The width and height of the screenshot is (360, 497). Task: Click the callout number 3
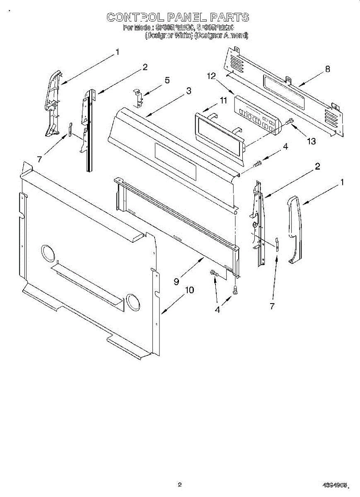click(x=188, y=91)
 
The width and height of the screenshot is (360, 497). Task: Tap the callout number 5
click(x=167, y=80)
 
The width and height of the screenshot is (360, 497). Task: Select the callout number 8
click(x=328, y=69)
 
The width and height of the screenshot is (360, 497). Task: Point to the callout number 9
click(x=176, y=281)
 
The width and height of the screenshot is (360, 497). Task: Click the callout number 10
click(x=188, y=290)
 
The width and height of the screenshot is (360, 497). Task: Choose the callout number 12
click(x=212, y=76)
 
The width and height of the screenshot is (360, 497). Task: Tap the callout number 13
click(x=311, y=141)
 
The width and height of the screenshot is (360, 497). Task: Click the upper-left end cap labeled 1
click(x=52, y=101)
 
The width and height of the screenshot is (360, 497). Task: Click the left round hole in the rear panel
click(x=48, y=253)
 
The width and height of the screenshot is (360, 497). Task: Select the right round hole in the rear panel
click(x=133, y=303)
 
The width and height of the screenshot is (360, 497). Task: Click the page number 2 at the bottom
click(x=180, y=484)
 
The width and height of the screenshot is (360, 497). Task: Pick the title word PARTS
click(x=229, y=17)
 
